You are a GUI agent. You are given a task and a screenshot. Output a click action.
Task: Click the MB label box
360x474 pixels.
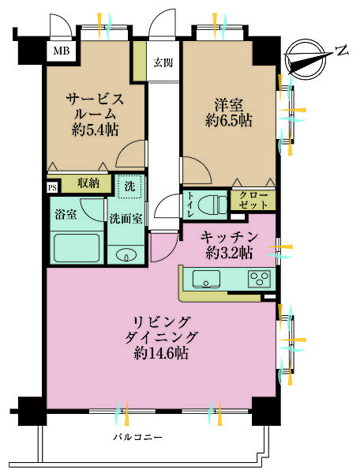[x=60, y=52]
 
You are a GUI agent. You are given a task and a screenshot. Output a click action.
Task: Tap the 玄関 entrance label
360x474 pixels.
[x=163, y=62]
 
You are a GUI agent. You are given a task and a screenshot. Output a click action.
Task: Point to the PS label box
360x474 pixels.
[x=52, y=187]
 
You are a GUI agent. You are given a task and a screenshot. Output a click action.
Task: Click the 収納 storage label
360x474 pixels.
[x=87, y=183]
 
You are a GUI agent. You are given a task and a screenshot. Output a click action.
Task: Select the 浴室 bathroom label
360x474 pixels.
[x=65, y=213]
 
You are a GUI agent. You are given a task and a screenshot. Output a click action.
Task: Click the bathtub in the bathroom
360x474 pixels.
[x=77, y=247]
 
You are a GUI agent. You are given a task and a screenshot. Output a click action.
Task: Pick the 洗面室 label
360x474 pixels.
[x=125, y=219]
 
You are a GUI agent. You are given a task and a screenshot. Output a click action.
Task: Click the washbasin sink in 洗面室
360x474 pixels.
[x=125, y=255]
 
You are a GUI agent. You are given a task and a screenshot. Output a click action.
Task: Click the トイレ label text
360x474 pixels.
[x=189, y=205]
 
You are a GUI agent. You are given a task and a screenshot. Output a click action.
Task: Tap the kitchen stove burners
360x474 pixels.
[x=259, y=278]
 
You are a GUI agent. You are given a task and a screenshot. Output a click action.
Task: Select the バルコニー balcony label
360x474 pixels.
[x=137, y=436]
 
